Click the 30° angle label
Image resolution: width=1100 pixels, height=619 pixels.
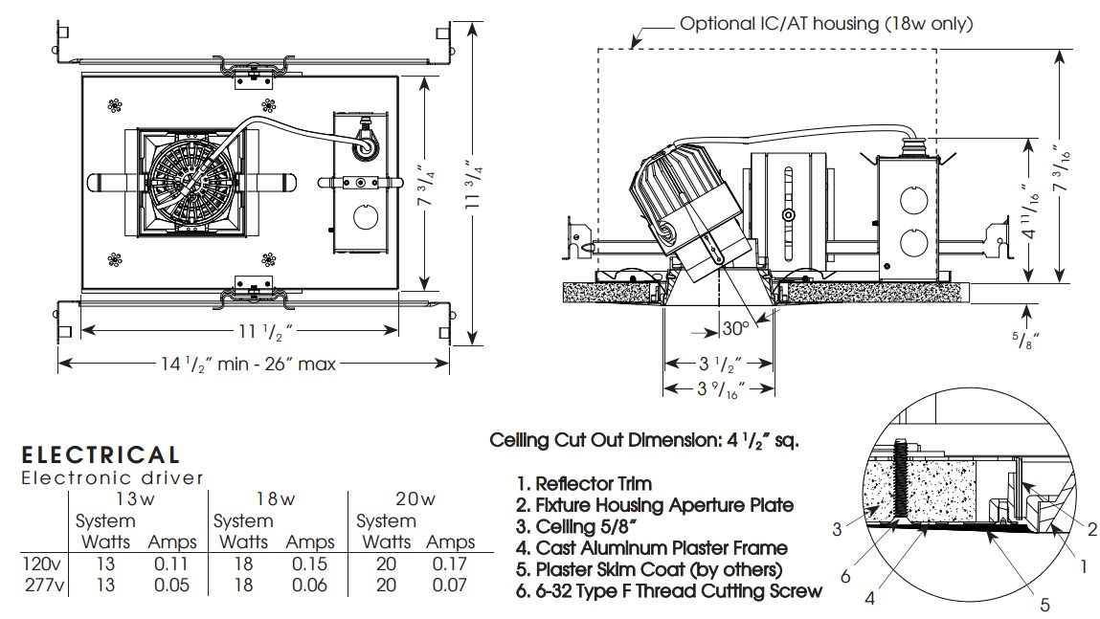[x=736, y=328]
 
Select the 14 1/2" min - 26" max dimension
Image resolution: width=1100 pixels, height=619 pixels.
[x=250, y=364]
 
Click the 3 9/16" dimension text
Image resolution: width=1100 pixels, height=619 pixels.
[x=721, y=389]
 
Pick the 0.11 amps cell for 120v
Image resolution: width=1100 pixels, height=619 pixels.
[x=172, y=564]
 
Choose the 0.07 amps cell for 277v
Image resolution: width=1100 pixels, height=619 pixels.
[x=450, y=585]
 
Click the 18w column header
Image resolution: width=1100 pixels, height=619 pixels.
[x=275, y=499]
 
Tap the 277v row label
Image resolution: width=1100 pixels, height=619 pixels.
[x=43, y=585]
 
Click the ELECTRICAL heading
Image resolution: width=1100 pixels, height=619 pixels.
[x=101, y=455]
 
